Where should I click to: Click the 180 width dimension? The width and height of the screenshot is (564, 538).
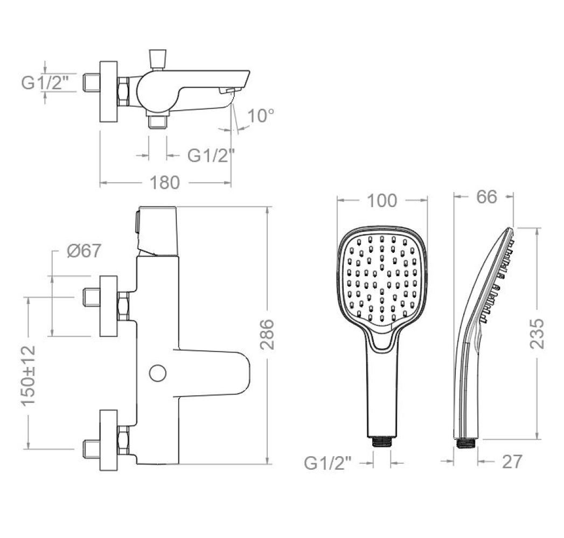click(164, 183)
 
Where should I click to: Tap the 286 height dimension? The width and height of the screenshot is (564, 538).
click(267, 334)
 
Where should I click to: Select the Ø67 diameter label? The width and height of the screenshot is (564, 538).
click(84, 251)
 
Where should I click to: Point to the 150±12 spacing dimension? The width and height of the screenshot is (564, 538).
click(29, 376)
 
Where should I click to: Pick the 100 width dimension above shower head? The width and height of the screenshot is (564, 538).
click(381, 200)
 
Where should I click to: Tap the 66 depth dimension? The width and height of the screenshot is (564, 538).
click(486, 197)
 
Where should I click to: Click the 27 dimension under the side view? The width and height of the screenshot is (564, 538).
click(512, 462)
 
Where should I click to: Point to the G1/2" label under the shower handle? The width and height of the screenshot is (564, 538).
click(328, 463)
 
